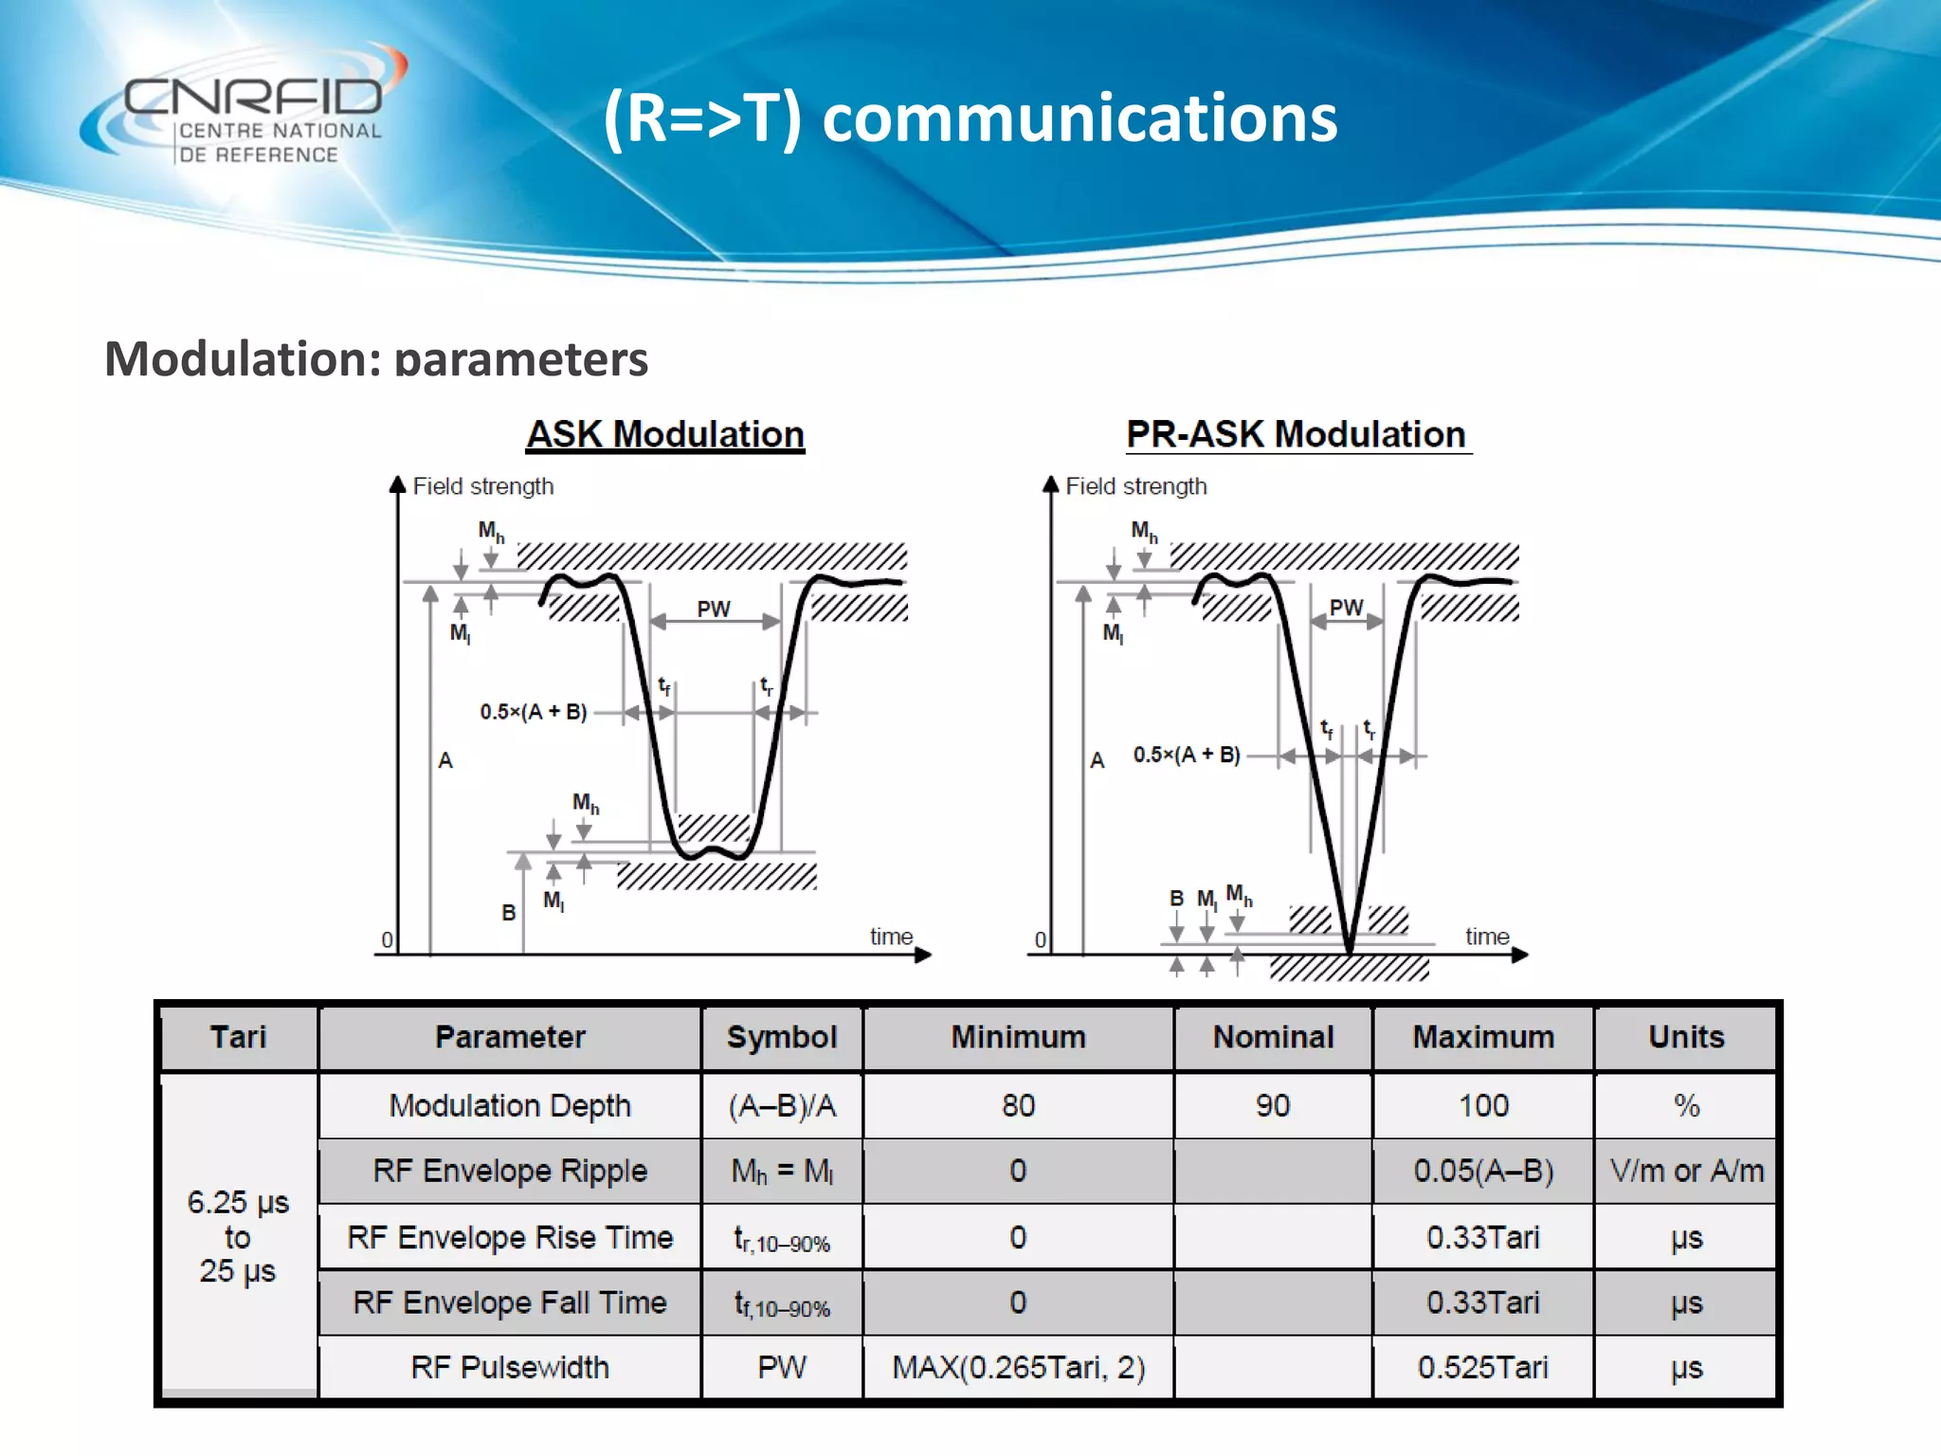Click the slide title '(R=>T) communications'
970,118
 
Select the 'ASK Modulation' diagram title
665,434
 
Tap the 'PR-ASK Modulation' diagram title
1297,434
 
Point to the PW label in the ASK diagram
714,609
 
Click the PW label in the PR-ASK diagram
1346,608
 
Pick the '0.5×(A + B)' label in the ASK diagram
534,712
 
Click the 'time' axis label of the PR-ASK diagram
1487,937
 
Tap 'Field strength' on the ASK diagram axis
483,486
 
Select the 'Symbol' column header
782,1037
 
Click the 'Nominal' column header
1273,1037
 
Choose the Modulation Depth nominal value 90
1273,1105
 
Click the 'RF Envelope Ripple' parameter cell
510,1171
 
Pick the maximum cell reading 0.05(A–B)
1483,1171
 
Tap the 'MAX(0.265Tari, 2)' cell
1019,1367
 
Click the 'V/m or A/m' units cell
1686,1171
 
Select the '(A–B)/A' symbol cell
782,1105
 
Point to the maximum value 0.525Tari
1483,1367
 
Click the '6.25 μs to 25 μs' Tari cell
238,1236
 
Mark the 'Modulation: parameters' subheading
376,359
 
